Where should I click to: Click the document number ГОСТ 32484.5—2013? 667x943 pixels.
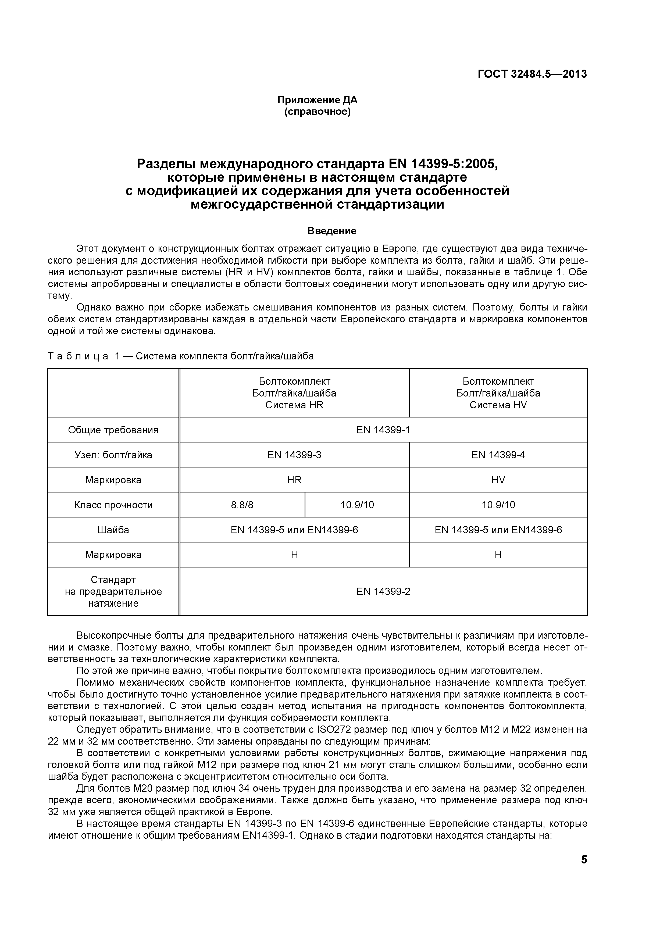pyautogui.click(x=532, y=74)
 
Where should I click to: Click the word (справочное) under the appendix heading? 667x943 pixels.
pyautogui.click(x=318, y=112)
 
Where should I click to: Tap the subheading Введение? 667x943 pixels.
pyautogui.click(x=332, y=231)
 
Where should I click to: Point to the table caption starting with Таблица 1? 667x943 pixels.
pyautogui.click(x=181, y=356)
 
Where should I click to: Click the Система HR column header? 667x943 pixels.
pyautogui.click(x=294, y=393)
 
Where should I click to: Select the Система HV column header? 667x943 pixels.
pyautogui.click(x=498, y=393)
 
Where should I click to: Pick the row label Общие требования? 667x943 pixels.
pyautogui.click(x=113, y=430)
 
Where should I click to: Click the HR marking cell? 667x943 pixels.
pyautogui.click(x=294, y=480)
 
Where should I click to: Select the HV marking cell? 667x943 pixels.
pyautogui.click(x=498, y=480)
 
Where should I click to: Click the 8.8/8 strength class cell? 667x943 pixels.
pyautogui.click(x=242, y=505)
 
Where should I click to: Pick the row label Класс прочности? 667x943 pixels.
pyautogui.click(x=113, y=505)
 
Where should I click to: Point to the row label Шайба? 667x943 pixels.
pyautogui.click(x=113, y=530)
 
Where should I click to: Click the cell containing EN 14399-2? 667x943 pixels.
pyautogui.click(x=383, y=591)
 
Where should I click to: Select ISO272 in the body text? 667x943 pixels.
pyautogui.click(x=331, y=730)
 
